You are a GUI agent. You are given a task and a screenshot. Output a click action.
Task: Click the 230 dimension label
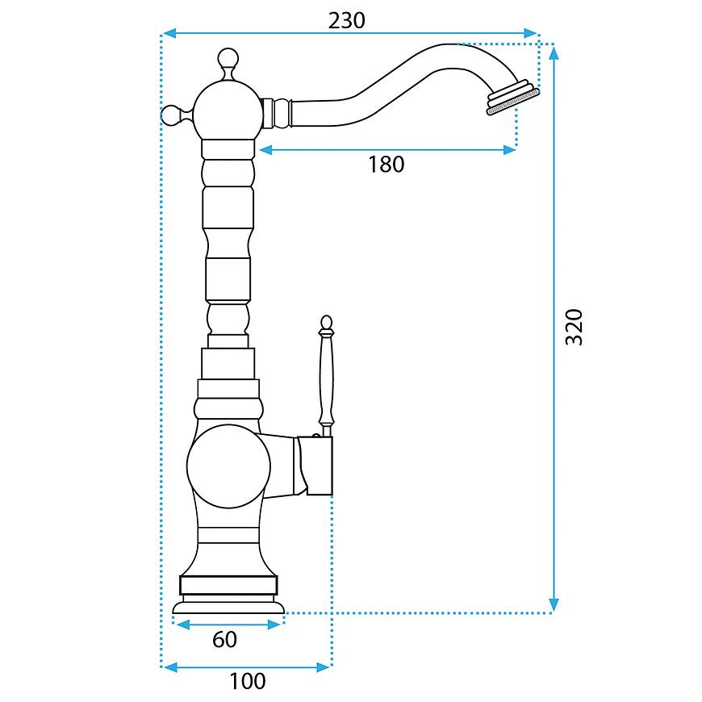click(x=346, y=21)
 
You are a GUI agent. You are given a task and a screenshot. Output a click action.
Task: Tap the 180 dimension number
click(x=386, y=165)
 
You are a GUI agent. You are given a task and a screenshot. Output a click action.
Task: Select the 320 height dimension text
click(x=575, y=327)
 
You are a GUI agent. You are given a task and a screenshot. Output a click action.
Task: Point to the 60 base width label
click(x=224, y=639)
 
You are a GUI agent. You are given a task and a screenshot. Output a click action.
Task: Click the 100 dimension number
click(x=248, y=681)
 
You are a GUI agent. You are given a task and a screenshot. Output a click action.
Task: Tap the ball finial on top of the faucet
click(x=228, y=58)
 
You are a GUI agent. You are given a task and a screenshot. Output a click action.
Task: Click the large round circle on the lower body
click(x=229, y=466)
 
